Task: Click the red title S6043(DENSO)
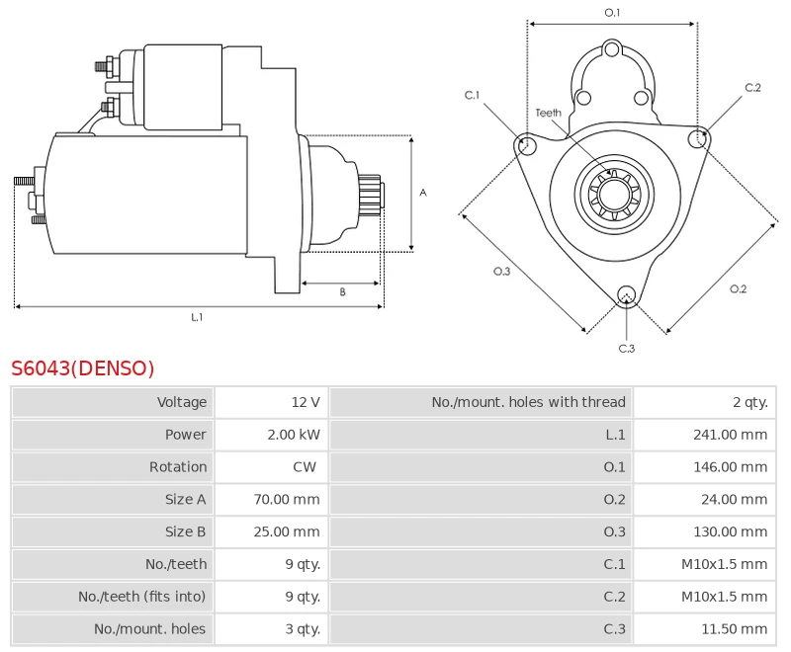click(83, 368)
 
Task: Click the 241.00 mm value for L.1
click(730, 435)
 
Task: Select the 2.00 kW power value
click(294, 435)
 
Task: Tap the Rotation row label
click(178, 466)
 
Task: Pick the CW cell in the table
click(305, 466)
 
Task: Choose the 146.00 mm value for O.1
click(730, 466)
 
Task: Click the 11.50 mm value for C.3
click(734, 629)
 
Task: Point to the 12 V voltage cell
click(306, 402)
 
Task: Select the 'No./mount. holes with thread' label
click(528, 402)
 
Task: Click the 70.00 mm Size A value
click(287, 499)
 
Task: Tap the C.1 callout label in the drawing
click(472, 95)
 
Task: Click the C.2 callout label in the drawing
click(752, 87)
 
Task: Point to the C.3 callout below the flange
click(627, 348)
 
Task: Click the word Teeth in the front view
click(549, 113)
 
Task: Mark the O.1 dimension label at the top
click(612, 12)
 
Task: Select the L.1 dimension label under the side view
click(197, 317)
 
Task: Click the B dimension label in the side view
click(342, 291)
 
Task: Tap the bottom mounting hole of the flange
click(627, 294)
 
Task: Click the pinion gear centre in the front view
click(614, 194)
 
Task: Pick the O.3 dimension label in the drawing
click(501, 271)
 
